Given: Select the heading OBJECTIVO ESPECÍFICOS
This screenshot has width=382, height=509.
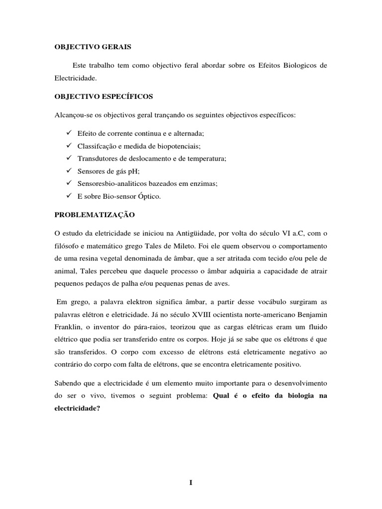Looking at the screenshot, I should coord(97,96).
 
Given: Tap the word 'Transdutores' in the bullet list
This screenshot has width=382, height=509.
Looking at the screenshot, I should coord(96,159).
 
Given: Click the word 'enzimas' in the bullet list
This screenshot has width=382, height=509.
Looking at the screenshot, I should coord(205,183).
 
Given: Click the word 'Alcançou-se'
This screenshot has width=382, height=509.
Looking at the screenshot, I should coord(73,115).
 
